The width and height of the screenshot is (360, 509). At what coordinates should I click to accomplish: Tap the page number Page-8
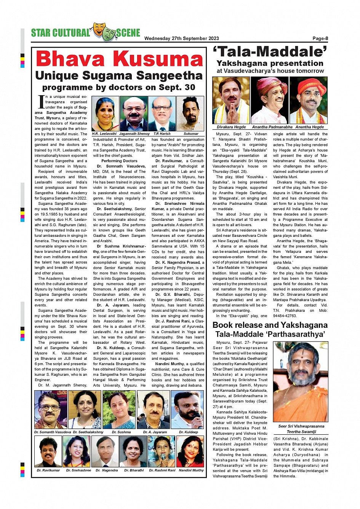[320, 38]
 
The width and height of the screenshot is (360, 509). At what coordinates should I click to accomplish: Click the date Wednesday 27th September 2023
[181, 38]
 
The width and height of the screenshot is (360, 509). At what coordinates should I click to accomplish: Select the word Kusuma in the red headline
[158, 59]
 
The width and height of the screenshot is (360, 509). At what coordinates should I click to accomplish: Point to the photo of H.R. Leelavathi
[105, 114]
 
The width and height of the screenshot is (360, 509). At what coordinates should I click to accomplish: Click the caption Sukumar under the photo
[191, 134]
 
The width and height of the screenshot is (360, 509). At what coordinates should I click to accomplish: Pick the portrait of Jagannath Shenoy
[134, 114]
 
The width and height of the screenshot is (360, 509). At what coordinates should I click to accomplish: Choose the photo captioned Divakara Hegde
[231, 100]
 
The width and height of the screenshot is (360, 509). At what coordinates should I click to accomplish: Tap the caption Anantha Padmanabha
[272, 127]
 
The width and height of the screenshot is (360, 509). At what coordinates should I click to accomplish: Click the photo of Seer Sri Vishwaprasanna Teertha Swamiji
[300, 382]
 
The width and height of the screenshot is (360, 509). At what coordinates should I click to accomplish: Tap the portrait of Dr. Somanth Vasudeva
[50, 410]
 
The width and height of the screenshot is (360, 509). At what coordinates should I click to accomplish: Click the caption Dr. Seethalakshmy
[88, 432]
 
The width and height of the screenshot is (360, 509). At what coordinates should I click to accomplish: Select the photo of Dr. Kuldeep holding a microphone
[187, 410]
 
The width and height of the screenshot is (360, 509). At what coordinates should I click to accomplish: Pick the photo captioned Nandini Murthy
[190, 452]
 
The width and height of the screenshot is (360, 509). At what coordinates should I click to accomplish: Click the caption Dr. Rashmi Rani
[162, 470]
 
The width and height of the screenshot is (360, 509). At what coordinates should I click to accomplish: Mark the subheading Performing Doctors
[119, 161]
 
